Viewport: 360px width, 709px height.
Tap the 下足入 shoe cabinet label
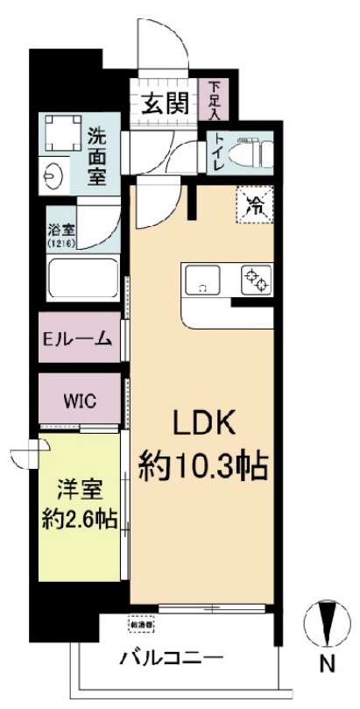(215, 101)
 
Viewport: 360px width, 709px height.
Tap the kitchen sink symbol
(204, 281)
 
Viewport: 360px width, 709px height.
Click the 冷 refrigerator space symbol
(256, 208)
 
